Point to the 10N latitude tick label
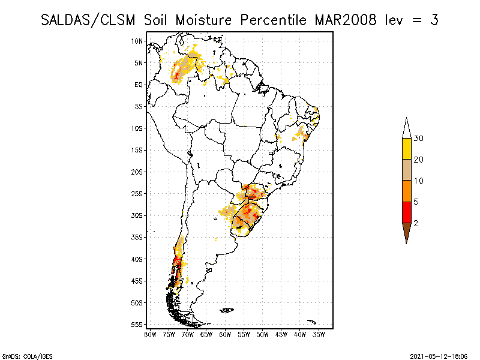pyautogui.click(x=137, y=41)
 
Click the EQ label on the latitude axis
pyautogui.click(x=139, y=85)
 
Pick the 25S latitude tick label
pyautogui.click(x=137, y=194)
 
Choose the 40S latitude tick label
pyautogui.click(x=137, y=259)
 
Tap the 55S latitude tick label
pyautogui.click(x=137, y=325)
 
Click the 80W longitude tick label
pyautogui.click(x=150, y=334)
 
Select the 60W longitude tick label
pyautogui.click(x=225, y=334)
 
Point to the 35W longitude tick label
pyautogui.click(x=319, y=334)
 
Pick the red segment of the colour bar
pyautogui.click(x=406, y=212)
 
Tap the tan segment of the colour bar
pyautogui.click(x=406, y=170)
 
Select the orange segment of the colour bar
pyautogui.click(x=406, y=191)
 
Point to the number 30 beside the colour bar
pyautogui.click(x=419, y=139)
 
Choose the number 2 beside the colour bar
pyautogui.click(x=416, y=223)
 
